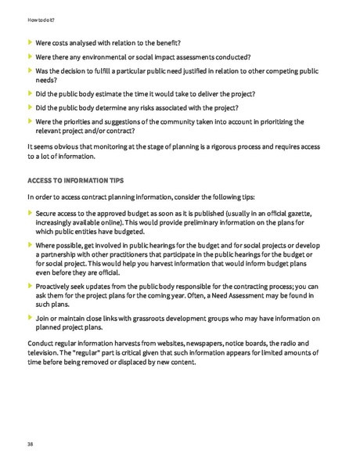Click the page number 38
[30, 444]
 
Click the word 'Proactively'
[57, 287]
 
